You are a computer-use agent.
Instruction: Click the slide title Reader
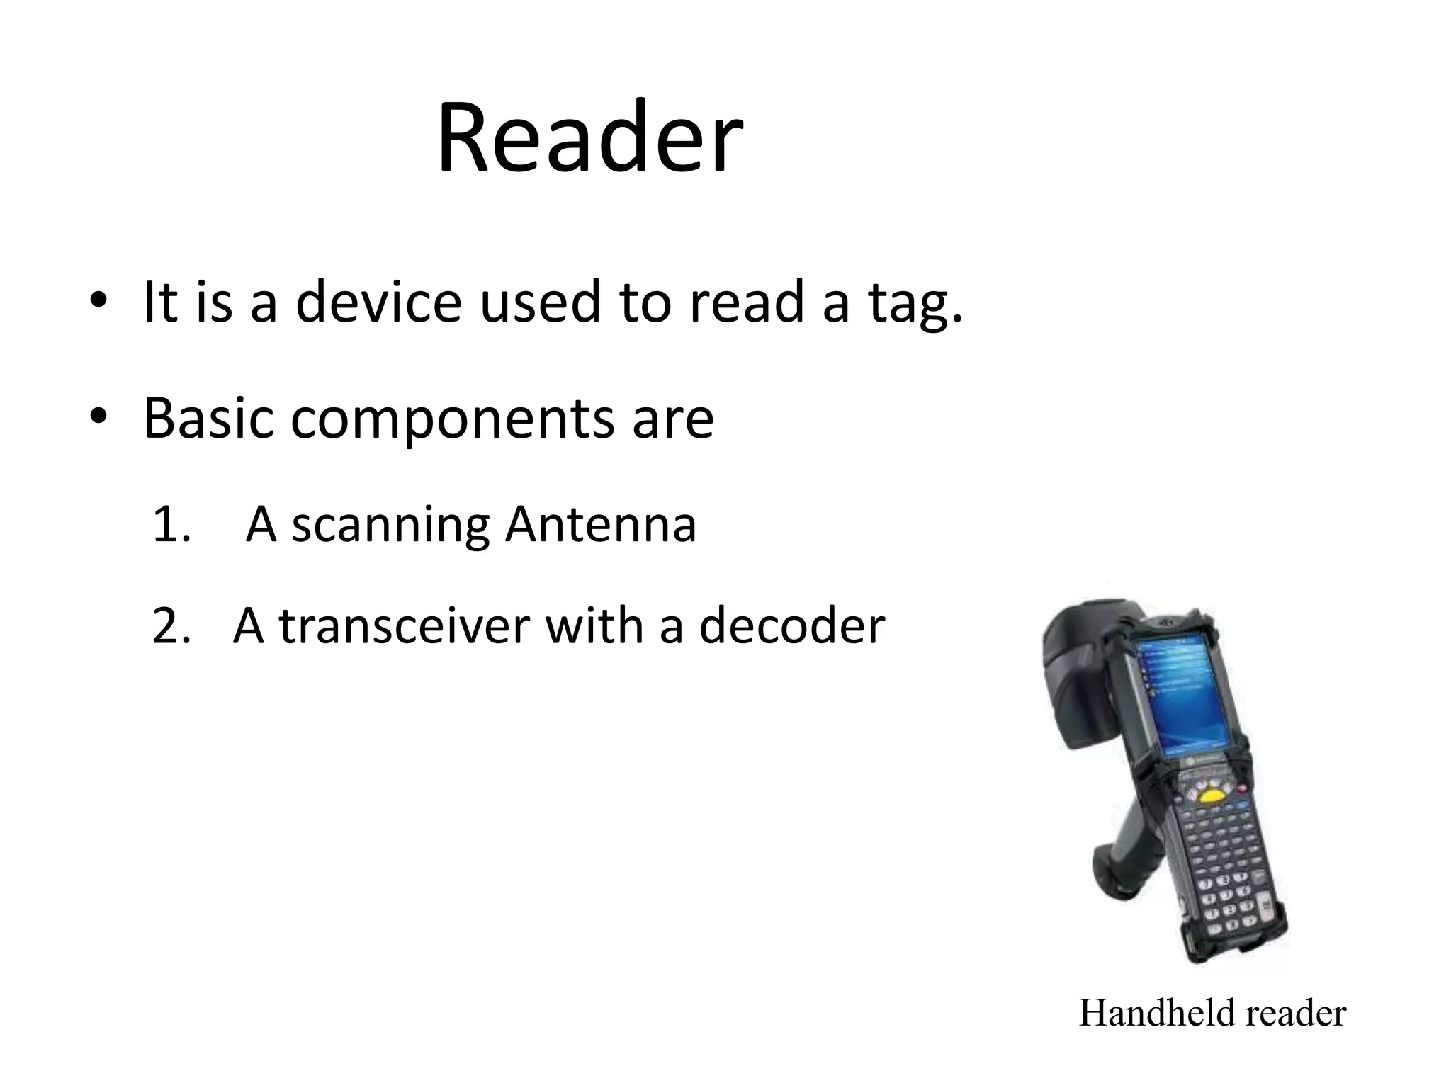[589, 137]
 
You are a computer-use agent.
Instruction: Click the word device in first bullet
[378, 302]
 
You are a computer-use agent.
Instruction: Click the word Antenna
[600, 525]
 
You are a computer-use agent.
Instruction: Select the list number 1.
[171, 526]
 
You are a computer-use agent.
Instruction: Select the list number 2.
[171, 627]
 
